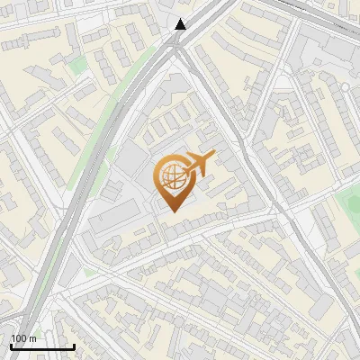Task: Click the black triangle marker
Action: [181, 24]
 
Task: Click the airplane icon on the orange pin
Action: [199, 163]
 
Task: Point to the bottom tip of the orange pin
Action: [172, 211]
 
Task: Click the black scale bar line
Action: [42, 346]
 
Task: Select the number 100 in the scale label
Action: [19, 338]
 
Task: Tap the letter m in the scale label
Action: [33, 338]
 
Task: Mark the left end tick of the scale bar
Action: [11, 345]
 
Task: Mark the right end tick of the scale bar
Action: [74, 345]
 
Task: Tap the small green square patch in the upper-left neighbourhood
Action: [79, 65]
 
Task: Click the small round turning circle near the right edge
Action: [344, 87]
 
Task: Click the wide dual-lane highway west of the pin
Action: [85, 180]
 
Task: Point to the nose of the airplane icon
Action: [214, 157]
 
